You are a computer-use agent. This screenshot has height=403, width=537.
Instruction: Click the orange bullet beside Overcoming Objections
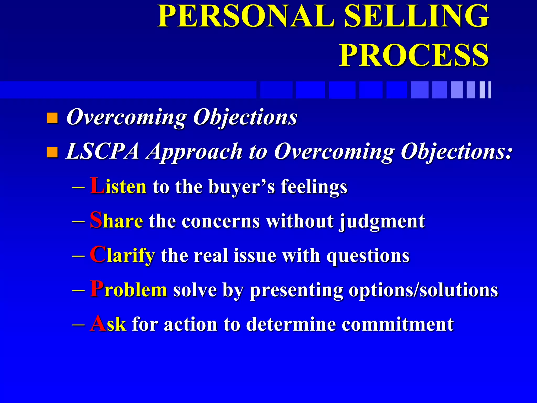coord(52,118)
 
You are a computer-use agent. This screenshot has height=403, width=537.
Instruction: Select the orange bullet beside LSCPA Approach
coord(52,152)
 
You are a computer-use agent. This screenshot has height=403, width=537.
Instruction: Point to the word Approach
coord(195,152)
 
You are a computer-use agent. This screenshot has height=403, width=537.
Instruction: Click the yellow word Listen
coord(118,186)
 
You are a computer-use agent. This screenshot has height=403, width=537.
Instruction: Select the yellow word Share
coord(116,221)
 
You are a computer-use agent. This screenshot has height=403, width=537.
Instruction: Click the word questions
coord(368,256)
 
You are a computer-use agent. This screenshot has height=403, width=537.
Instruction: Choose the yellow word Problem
coord(128,290)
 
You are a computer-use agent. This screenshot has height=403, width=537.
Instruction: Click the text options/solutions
coord(423,290)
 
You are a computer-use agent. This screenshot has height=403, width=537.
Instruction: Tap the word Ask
coord(108,324)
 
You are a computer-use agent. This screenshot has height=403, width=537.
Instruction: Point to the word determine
coord(291,324)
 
